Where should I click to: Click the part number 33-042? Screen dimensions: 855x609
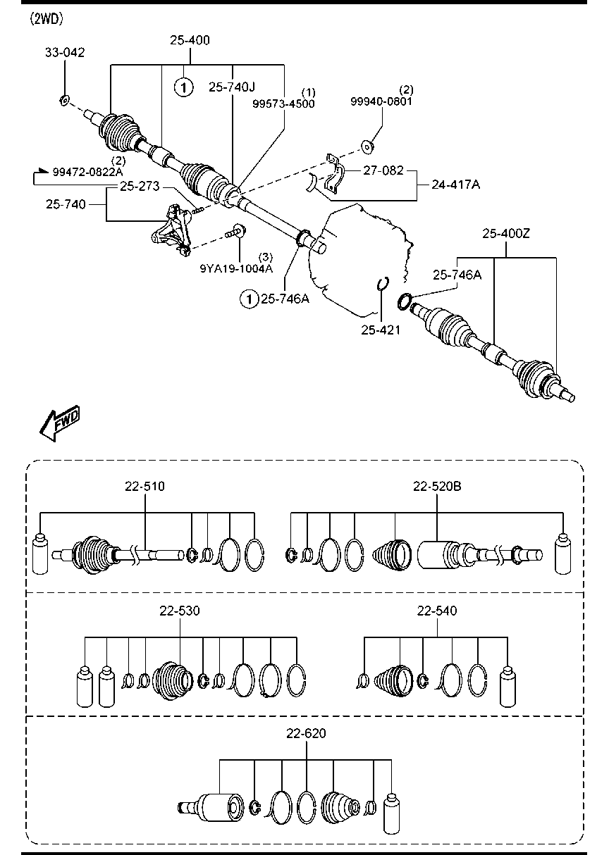pyautogui.click(x=65, y=51)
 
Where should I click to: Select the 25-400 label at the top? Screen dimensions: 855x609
pyautogui.click(x=190, y=41)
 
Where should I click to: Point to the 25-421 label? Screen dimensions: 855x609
pyautogui.click(x=381, y=329)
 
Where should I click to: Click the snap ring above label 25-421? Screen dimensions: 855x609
pyautogui.click(x=381, y=283)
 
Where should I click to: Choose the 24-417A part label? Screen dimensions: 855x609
pyautogui.click(x=457, y=185)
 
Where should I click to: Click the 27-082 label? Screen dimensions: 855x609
pyautogui.click(x=383, y=170)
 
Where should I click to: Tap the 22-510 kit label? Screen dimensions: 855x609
pyautogui.click(x=145, y=486)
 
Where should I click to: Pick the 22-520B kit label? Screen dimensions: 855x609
pyautogui.click(x=437, y=486)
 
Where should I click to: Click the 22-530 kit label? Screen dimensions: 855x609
pyautogui.click(x=180, y=611)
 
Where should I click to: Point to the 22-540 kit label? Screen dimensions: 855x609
pyautogui.click(x=437, y=611)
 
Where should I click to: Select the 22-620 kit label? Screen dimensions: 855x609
pyautogui.click(x=306, y=733)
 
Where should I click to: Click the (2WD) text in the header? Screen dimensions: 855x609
pyautogui.click(x=46, y=19)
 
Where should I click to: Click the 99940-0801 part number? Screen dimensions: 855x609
pyautogui.click(x=381, y=101)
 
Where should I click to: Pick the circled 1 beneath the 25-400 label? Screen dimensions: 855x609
pyautogui.click(x=183, y=87)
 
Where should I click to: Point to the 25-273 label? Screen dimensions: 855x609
pyautogui.click(x=139, y=187)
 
